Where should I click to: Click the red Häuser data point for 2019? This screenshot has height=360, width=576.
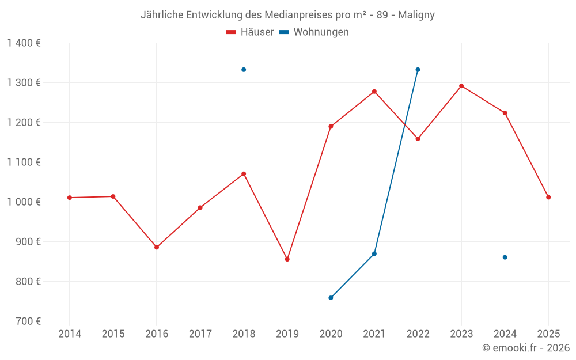[x=287, y=259]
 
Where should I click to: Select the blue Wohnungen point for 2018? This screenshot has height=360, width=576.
[x=244, y=70]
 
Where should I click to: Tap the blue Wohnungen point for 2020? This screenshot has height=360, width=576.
[x=331, y=298]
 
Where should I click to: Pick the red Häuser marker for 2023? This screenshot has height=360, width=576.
[x=461, y=86]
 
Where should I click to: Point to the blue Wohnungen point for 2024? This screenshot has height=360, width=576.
[x=505, y=257]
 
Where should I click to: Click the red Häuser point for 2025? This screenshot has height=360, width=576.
[x=548, y=197]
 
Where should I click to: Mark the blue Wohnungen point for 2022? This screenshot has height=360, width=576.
[x=418, y=70]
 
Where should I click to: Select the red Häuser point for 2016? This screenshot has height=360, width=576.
[x=157, y=247]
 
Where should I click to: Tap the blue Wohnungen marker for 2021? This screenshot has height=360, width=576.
[x=374, y=253]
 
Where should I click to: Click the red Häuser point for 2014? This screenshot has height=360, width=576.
[x=70, y=198]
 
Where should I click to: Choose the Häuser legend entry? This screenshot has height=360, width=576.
[x=250, y=32]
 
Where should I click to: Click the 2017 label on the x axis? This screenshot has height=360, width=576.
[x=200, y=334]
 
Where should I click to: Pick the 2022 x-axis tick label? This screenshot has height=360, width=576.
[x=418, y=334]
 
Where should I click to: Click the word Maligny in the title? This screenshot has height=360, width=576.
[x=416, y=15]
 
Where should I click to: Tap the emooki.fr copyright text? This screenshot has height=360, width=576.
[x=526, y=348]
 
